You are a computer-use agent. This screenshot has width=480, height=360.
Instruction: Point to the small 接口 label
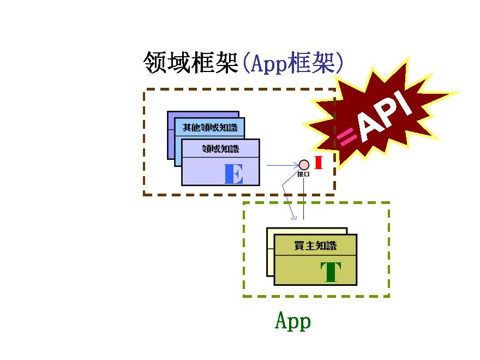[303, 175]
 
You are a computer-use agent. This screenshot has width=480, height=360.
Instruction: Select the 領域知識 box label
[220, 148]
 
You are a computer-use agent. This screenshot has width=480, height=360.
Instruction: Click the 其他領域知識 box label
[209, 128]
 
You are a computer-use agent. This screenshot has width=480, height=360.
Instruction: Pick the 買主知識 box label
[315, 245]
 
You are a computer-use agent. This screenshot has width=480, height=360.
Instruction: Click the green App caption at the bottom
[293, 321]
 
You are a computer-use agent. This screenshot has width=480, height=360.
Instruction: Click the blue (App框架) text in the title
[293, 63]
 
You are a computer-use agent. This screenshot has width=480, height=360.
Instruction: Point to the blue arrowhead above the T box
[295, 218]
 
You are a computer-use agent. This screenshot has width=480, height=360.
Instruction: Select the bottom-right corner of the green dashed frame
[388, 296]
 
